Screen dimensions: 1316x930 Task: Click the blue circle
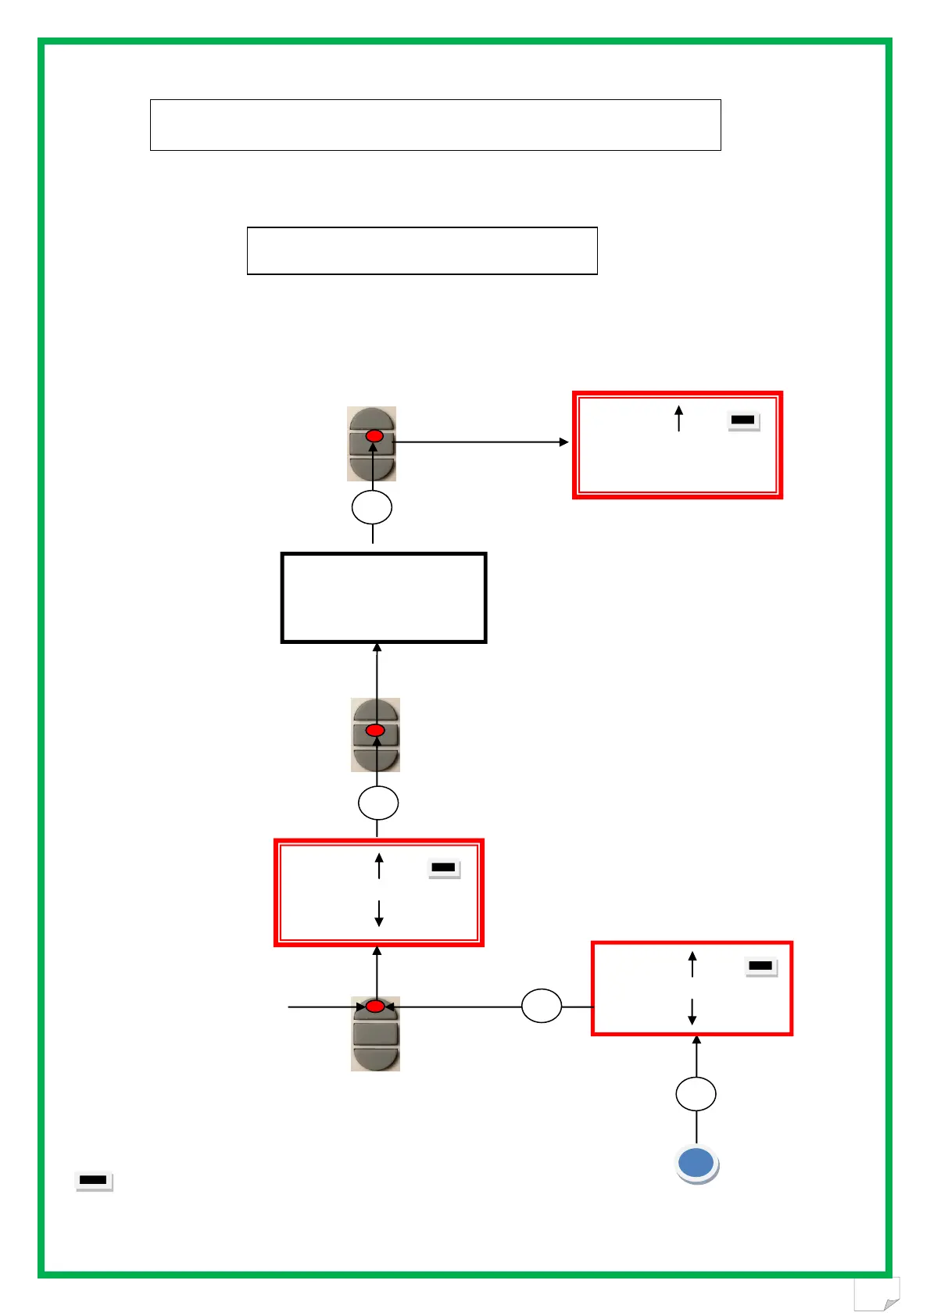(x=696, y=1163)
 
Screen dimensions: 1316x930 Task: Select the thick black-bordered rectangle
(x=383, y=598)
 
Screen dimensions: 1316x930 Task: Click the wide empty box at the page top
(x=435, y=125)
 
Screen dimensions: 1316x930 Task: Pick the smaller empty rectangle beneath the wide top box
(x=422, y=251)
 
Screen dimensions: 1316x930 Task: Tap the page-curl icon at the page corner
(x=877, y=1294)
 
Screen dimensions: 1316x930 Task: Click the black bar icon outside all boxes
(x=93, y=1180)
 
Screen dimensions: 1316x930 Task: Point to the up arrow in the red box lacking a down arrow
(x=679, y=418)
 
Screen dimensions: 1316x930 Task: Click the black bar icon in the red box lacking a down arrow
(x=742, y=420)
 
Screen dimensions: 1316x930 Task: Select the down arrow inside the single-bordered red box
(x=692, y=1011)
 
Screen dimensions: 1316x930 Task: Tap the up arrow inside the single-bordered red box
(x=692, y=964)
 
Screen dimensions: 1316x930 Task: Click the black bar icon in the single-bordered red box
(x=760, y=967)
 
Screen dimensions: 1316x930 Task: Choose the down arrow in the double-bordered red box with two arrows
(x=379, y=913)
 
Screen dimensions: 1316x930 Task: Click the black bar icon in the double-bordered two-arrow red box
(x=443, y=867)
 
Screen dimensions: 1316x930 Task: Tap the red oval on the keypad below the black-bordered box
(x=375, y=731)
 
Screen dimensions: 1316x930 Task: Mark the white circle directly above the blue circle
(x=696, y=1094)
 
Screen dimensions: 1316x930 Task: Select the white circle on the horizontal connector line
(x=542, y=1007)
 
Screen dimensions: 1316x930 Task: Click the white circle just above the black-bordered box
(x=372, y=508)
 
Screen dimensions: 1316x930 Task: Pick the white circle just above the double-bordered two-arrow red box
(x=378, y=803)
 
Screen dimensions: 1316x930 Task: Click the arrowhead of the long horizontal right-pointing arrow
(x=564, y=442)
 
